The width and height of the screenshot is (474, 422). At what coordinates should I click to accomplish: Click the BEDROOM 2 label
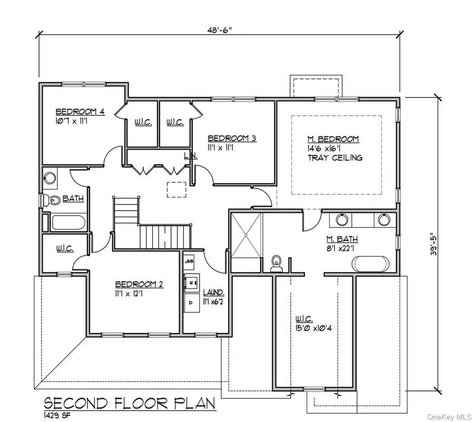click(139, 284)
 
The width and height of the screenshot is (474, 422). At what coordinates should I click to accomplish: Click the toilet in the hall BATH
click(52, 200)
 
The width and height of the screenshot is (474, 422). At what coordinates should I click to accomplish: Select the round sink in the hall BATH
click(51, 178)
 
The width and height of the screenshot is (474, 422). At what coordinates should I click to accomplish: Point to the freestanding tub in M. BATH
click(373, 263)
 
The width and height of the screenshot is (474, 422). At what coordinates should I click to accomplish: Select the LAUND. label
click(213, 292)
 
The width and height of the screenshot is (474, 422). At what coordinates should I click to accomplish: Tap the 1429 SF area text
click(58, 416)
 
